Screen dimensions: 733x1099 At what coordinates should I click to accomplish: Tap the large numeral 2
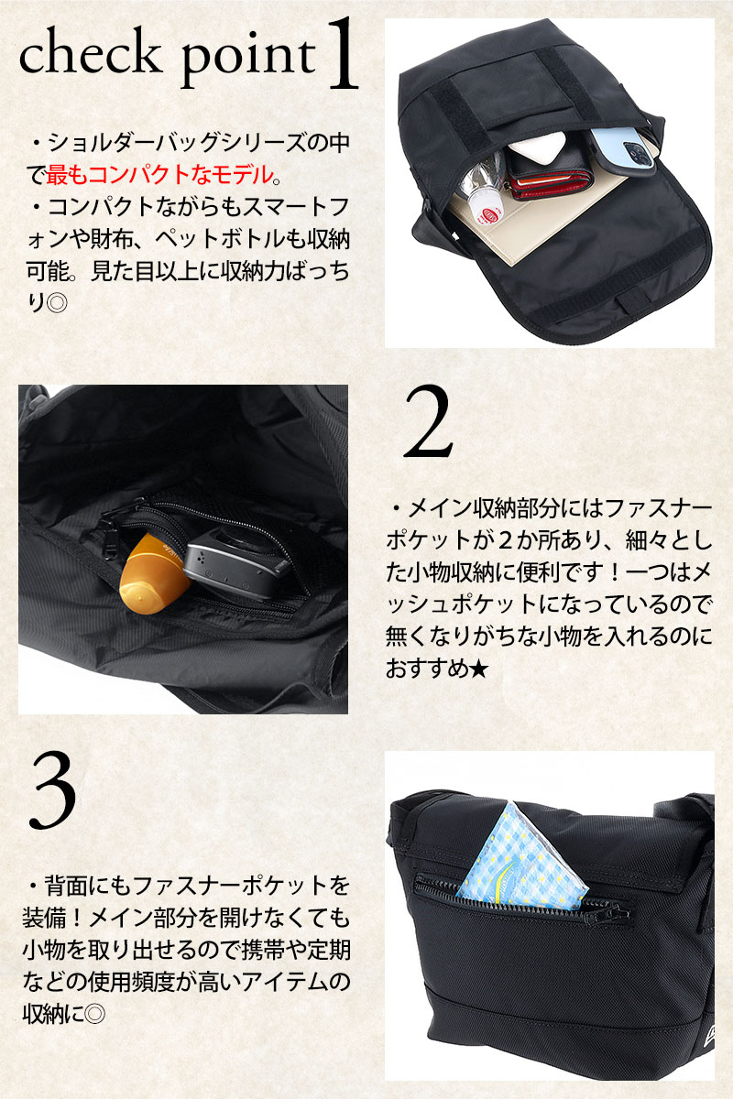428,421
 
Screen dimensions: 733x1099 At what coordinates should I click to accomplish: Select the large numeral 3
52,789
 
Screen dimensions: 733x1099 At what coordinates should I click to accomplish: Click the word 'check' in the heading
91,54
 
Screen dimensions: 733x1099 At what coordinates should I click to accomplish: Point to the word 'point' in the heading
249,60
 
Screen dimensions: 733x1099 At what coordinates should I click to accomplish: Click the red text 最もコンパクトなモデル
159,175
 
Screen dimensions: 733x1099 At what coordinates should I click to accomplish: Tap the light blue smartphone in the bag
623,148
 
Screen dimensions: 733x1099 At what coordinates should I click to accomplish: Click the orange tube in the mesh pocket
151,574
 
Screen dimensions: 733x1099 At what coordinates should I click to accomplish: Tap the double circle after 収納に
94,1014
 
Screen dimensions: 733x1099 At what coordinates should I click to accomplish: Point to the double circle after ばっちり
56,303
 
